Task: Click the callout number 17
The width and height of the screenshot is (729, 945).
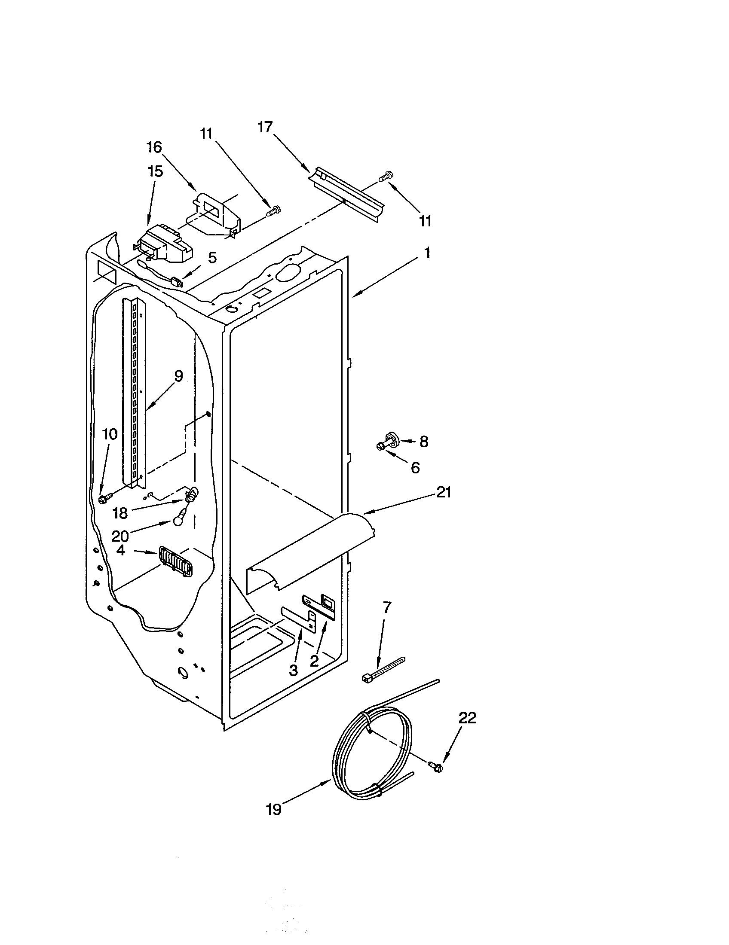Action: [265, 127]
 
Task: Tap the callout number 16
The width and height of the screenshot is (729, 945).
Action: [154, 147]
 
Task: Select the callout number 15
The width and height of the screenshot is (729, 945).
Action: [155, 171]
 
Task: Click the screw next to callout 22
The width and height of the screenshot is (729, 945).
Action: [436, 767]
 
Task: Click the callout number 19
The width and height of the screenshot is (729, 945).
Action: [274, 809]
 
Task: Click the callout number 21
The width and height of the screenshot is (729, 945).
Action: [444, 492]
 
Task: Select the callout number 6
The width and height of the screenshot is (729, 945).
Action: [415, 467]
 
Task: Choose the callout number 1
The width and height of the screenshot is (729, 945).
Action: [427, 253]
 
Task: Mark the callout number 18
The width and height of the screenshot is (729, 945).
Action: [120, 513]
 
